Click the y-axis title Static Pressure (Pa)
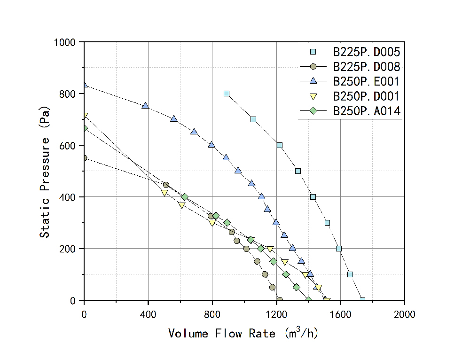point(45,171)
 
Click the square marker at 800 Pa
point(227,94)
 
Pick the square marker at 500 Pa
point(298,171)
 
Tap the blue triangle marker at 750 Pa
point(145,106)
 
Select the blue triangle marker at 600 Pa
point(211,145)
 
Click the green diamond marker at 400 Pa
point(185,197)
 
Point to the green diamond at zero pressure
point(309,300)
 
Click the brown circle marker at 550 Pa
point(85,158)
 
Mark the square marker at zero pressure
point(362,300)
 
